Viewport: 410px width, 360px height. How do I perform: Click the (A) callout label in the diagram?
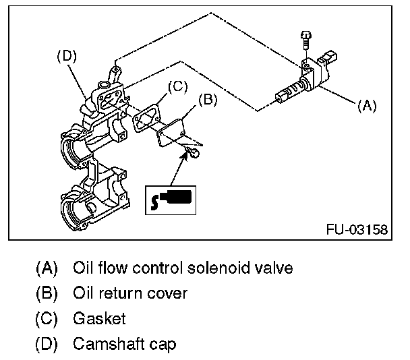tap(367, 105)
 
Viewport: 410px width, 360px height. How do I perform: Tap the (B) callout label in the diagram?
tap(208, 100)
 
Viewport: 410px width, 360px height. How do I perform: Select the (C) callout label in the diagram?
tap(176, 86)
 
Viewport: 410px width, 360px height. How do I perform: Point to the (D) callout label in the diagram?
tap(66, 56)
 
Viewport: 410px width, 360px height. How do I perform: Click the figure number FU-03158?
tap(357, 230)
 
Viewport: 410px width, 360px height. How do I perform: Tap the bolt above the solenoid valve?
tap(304, 40)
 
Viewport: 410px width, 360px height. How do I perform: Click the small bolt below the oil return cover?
tap(192, 156)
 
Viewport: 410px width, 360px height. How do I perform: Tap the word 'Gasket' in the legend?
tap(100, 319)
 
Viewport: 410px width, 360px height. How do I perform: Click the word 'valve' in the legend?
tap(273, 268)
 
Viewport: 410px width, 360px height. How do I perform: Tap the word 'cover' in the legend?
tap(169, 293)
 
